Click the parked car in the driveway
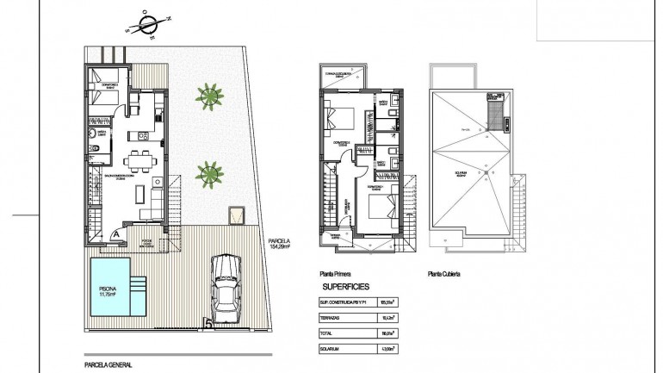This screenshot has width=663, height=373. [226, 288]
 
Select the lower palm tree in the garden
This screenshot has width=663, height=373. [208, 175]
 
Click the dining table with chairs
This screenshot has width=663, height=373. [139, 160]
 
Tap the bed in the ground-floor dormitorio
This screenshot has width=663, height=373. [106, 90]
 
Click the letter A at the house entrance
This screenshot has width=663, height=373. [115, 231]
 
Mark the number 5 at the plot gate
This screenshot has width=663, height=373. [208, 325]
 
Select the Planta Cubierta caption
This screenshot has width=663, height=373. [447, 276]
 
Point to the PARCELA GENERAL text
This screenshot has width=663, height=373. [108, 364]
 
